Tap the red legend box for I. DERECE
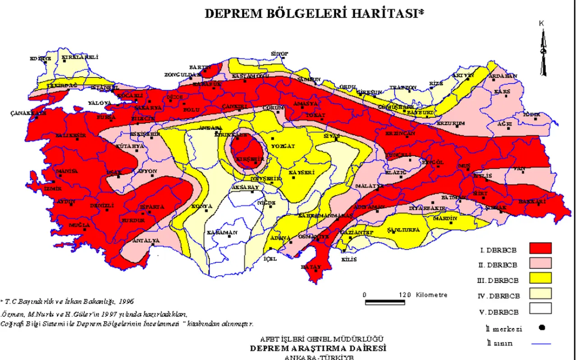[x=540, y=248]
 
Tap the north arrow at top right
[x=543, y=50]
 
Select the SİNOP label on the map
[x=279, y=54]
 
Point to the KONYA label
[x=201, y=206]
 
